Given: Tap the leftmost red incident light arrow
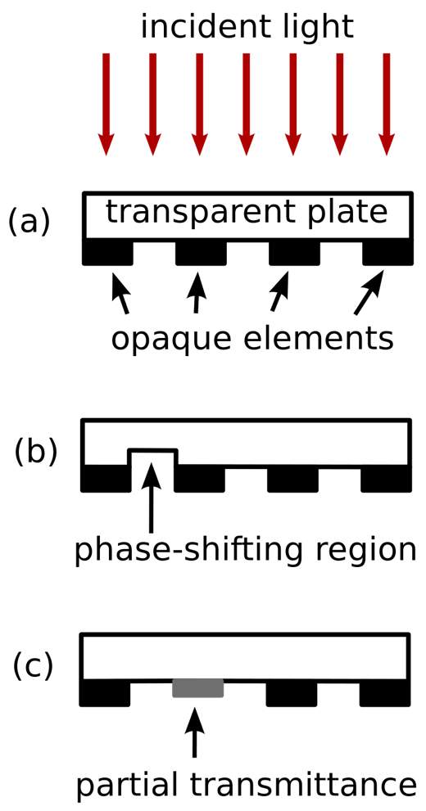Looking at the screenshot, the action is [x=106, y=104].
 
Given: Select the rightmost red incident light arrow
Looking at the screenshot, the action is [x=386, y=104].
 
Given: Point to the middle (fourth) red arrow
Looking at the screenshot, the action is [x=246, y=104].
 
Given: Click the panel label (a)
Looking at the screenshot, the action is [x=29, y=222].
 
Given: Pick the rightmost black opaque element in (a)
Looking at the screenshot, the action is [x=388, y=252].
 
